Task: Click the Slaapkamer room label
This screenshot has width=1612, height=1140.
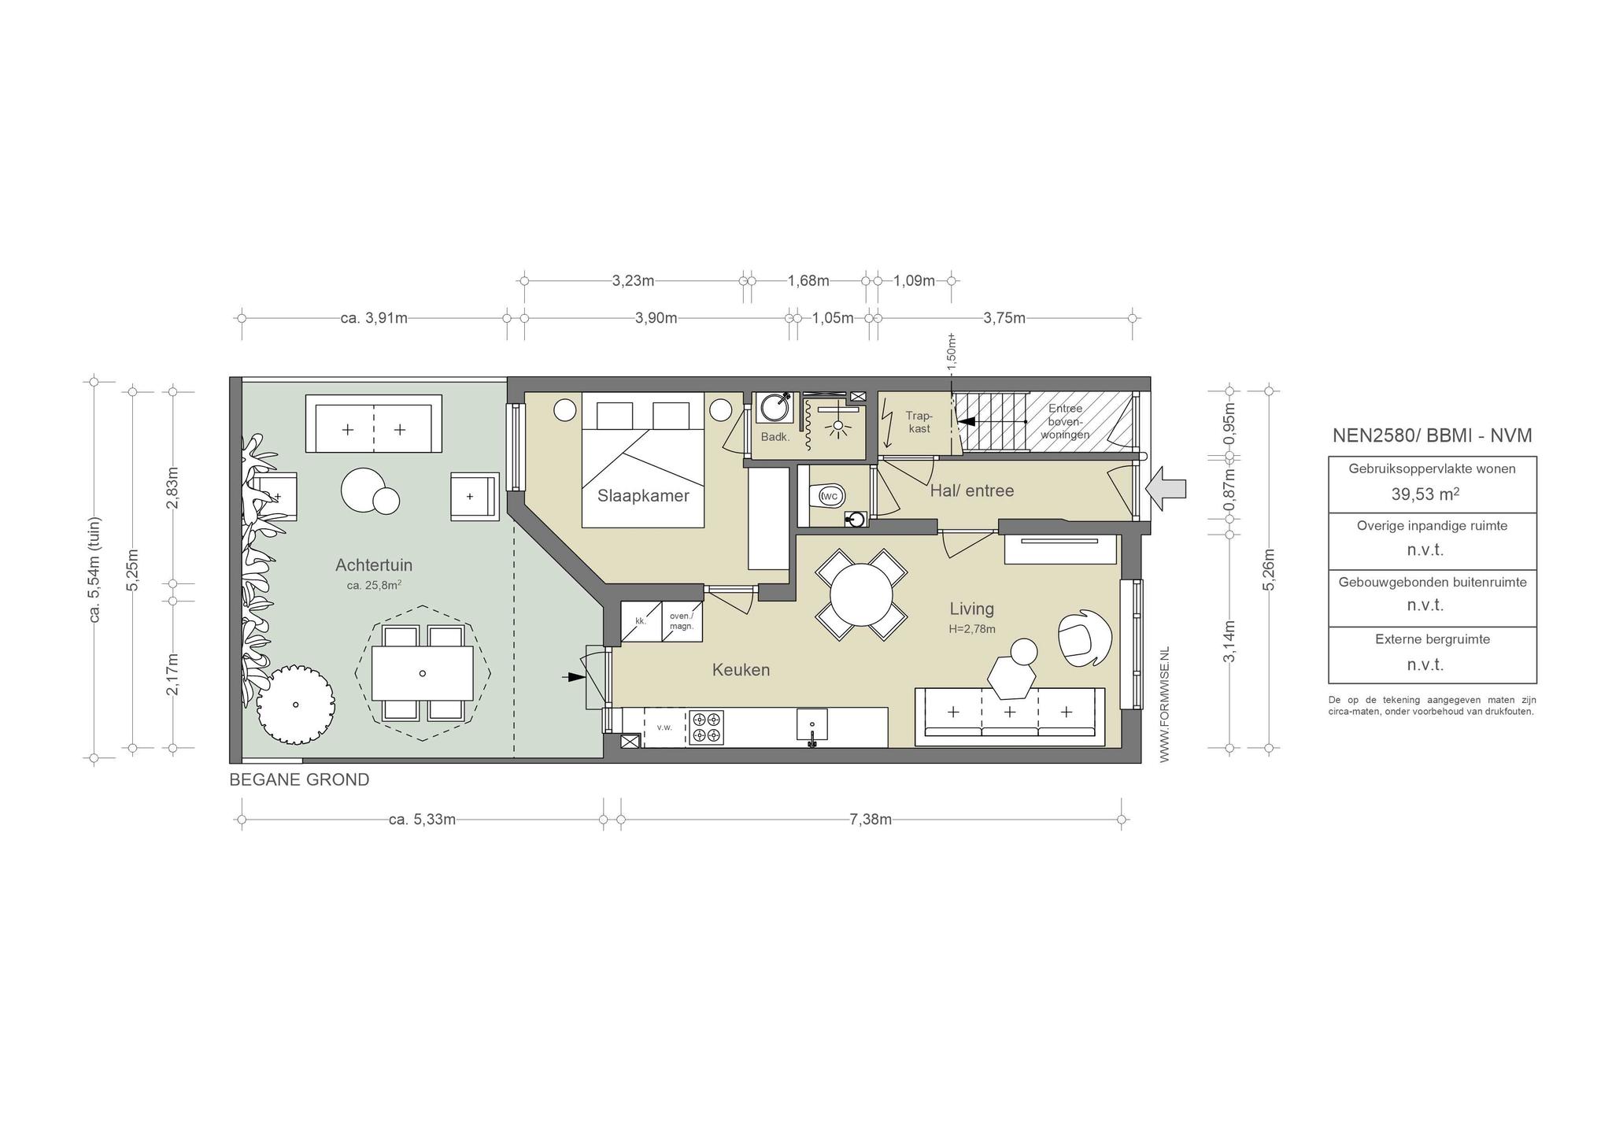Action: (643, 496)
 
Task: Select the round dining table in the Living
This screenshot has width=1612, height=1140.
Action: (861, 594)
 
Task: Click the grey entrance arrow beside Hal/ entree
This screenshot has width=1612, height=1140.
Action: (1166, 490)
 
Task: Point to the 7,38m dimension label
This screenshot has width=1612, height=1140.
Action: (871, 820)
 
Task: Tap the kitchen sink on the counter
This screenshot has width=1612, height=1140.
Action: (812, 725)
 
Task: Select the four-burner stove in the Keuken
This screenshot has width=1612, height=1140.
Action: (706, 727)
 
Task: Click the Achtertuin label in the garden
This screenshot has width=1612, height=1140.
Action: (374, 565)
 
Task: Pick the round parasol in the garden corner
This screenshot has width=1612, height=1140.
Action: (296, 703)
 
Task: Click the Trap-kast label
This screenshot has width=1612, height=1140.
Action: (919, 422)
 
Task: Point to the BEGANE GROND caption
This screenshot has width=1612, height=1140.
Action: (299, 780)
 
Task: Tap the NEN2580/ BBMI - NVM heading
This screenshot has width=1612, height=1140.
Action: (1432, 435)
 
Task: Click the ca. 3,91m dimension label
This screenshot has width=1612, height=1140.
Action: (374, 318)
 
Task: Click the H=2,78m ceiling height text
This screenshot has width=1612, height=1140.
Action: (971, 629)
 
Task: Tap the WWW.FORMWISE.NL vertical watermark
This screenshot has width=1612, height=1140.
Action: (1165, 704)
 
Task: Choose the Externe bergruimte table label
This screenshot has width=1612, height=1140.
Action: (1433, 639)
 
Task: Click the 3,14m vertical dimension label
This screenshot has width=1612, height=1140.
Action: (1229, 641)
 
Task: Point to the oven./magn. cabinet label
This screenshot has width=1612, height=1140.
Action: (682, 621)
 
